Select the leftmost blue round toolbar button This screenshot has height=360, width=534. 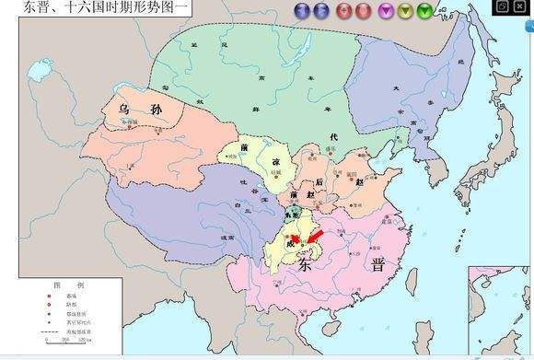click(x=301, y=11)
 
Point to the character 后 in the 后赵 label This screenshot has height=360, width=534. click(x=319, y=182)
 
